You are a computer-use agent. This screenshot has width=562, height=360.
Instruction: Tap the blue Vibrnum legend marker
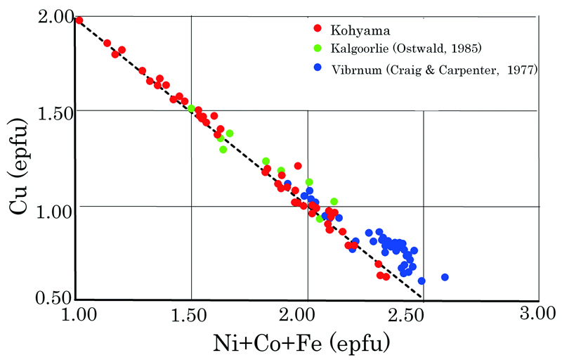click(x=318, y=68)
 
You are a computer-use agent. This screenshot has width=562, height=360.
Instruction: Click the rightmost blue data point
click(x=445, y=277)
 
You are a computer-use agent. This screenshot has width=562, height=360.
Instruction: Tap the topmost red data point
click(x=79, y=20)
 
